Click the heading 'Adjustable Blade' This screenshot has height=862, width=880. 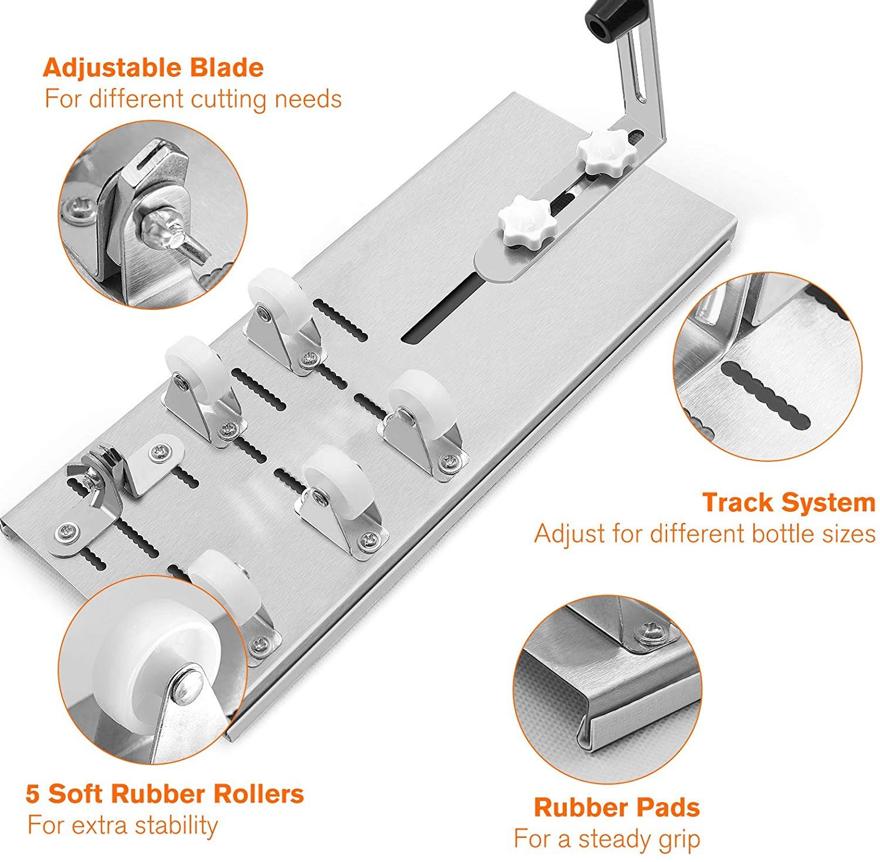153,69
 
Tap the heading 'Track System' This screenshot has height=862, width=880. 788,503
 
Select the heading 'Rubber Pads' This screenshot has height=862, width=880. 617,807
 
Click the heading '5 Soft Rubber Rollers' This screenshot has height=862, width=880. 165,794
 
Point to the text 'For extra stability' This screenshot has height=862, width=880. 123,825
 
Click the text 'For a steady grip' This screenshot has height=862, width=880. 607,839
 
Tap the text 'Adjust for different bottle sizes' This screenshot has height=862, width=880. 705,534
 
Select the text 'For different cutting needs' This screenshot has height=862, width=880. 193,99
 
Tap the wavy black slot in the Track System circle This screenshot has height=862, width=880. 766,397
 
